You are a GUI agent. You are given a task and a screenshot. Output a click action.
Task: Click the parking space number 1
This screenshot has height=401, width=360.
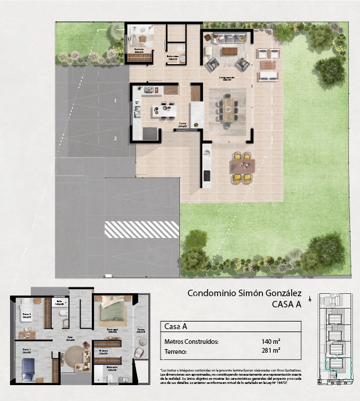(115, 101)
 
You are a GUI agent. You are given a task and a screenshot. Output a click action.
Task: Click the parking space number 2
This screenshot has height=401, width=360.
(115, 138)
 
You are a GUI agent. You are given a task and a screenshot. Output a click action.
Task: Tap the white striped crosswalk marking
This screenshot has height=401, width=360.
(141, 229)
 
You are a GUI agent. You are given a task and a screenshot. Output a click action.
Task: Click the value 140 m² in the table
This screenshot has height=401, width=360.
(270, 341)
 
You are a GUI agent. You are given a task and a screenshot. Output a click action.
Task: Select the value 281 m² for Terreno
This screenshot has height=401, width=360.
(270, 352)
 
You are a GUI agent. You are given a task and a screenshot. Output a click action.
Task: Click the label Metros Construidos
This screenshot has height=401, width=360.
(191, 341)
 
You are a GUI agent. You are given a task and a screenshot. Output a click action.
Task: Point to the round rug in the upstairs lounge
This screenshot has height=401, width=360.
(74, 356)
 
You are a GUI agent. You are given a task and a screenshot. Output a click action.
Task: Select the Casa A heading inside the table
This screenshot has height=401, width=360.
(176, 326)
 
